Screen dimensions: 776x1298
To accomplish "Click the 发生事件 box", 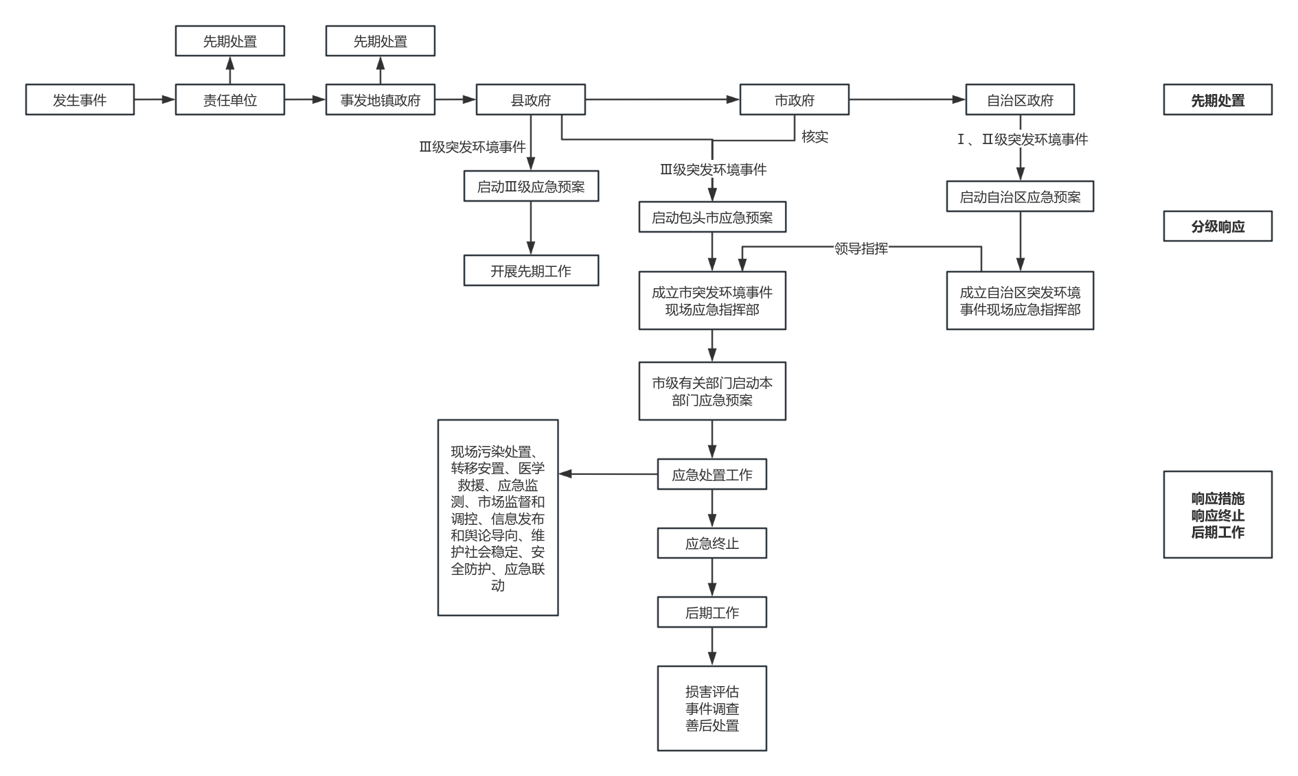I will (x=80, y=100).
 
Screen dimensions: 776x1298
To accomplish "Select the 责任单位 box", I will (x=230, y=100).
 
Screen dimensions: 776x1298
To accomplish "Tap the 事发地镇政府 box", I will (x=380, y=100).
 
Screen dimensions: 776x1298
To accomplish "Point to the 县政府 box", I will (x=531, y=100).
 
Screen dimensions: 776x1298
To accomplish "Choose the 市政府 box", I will (x=795, y=100).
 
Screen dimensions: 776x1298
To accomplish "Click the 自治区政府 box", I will (x=1020, y=100).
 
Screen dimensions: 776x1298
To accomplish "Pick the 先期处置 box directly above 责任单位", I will (x=230, y=41).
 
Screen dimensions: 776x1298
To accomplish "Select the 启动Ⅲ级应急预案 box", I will (x=531, y=187).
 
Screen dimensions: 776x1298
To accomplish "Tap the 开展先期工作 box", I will (x=531, y=271).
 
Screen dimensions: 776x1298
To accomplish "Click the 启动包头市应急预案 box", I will (x=712, y=217).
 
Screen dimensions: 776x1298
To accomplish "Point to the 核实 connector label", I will (x=815, y=137).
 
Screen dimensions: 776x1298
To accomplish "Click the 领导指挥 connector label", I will (x=861, y=248).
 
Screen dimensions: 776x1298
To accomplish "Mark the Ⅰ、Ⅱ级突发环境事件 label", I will (x=1022, y=139).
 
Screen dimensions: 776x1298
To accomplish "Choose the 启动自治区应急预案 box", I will (x=1020, y=197).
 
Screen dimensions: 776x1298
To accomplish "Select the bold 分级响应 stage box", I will (x=1218, y=226).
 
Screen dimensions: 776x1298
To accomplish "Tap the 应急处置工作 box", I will (x=712, y=475).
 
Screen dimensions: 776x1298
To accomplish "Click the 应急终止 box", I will (x=712, y=543).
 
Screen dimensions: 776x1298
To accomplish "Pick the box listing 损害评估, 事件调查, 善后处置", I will (x=712, y=709).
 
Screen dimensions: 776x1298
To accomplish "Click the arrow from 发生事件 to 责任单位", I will (x=155, y=100).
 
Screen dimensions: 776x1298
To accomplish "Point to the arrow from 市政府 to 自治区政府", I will (x=907, y=100).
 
